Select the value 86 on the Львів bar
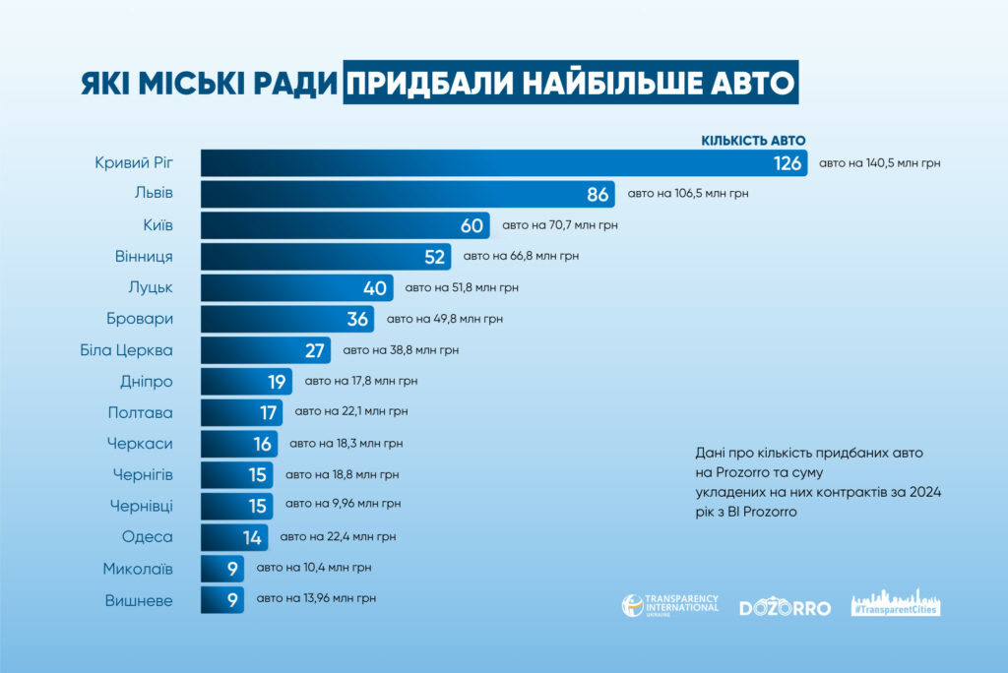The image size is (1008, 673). point(598,195)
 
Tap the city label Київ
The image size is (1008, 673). point(155,226)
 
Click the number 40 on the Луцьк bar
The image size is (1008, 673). point(375,288)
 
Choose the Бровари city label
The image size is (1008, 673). point(140,320)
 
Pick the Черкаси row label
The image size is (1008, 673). point(140,444)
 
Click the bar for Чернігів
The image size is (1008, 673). point(226,475)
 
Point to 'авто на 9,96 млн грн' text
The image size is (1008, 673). point(343,505)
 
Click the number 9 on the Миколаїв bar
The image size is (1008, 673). point(231,569)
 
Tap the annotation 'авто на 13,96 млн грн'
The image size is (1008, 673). point(316,598)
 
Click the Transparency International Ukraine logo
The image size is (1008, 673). point(669,606)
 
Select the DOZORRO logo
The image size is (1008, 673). point(785,607)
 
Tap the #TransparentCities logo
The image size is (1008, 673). point(895,605)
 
